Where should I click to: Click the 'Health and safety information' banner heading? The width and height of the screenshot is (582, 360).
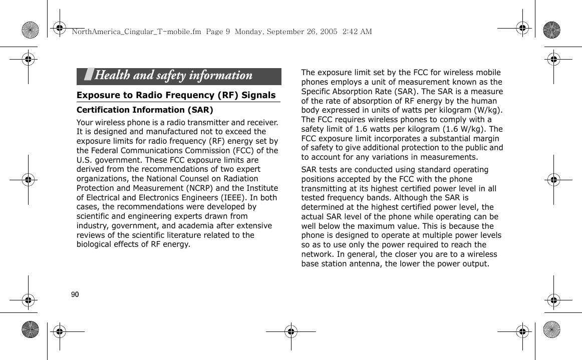[173, 76]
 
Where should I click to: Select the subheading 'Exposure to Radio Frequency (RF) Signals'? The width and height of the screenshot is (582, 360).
[176, 95]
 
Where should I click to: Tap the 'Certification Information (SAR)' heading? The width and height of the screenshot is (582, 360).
[145, 110]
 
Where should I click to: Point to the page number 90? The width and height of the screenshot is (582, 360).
[75, 294]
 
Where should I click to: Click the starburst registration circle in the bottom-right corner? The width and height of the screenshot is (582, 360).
[551, 330]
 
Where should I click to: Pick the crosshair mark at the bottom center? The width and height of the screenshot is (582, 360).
[290, 331]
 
